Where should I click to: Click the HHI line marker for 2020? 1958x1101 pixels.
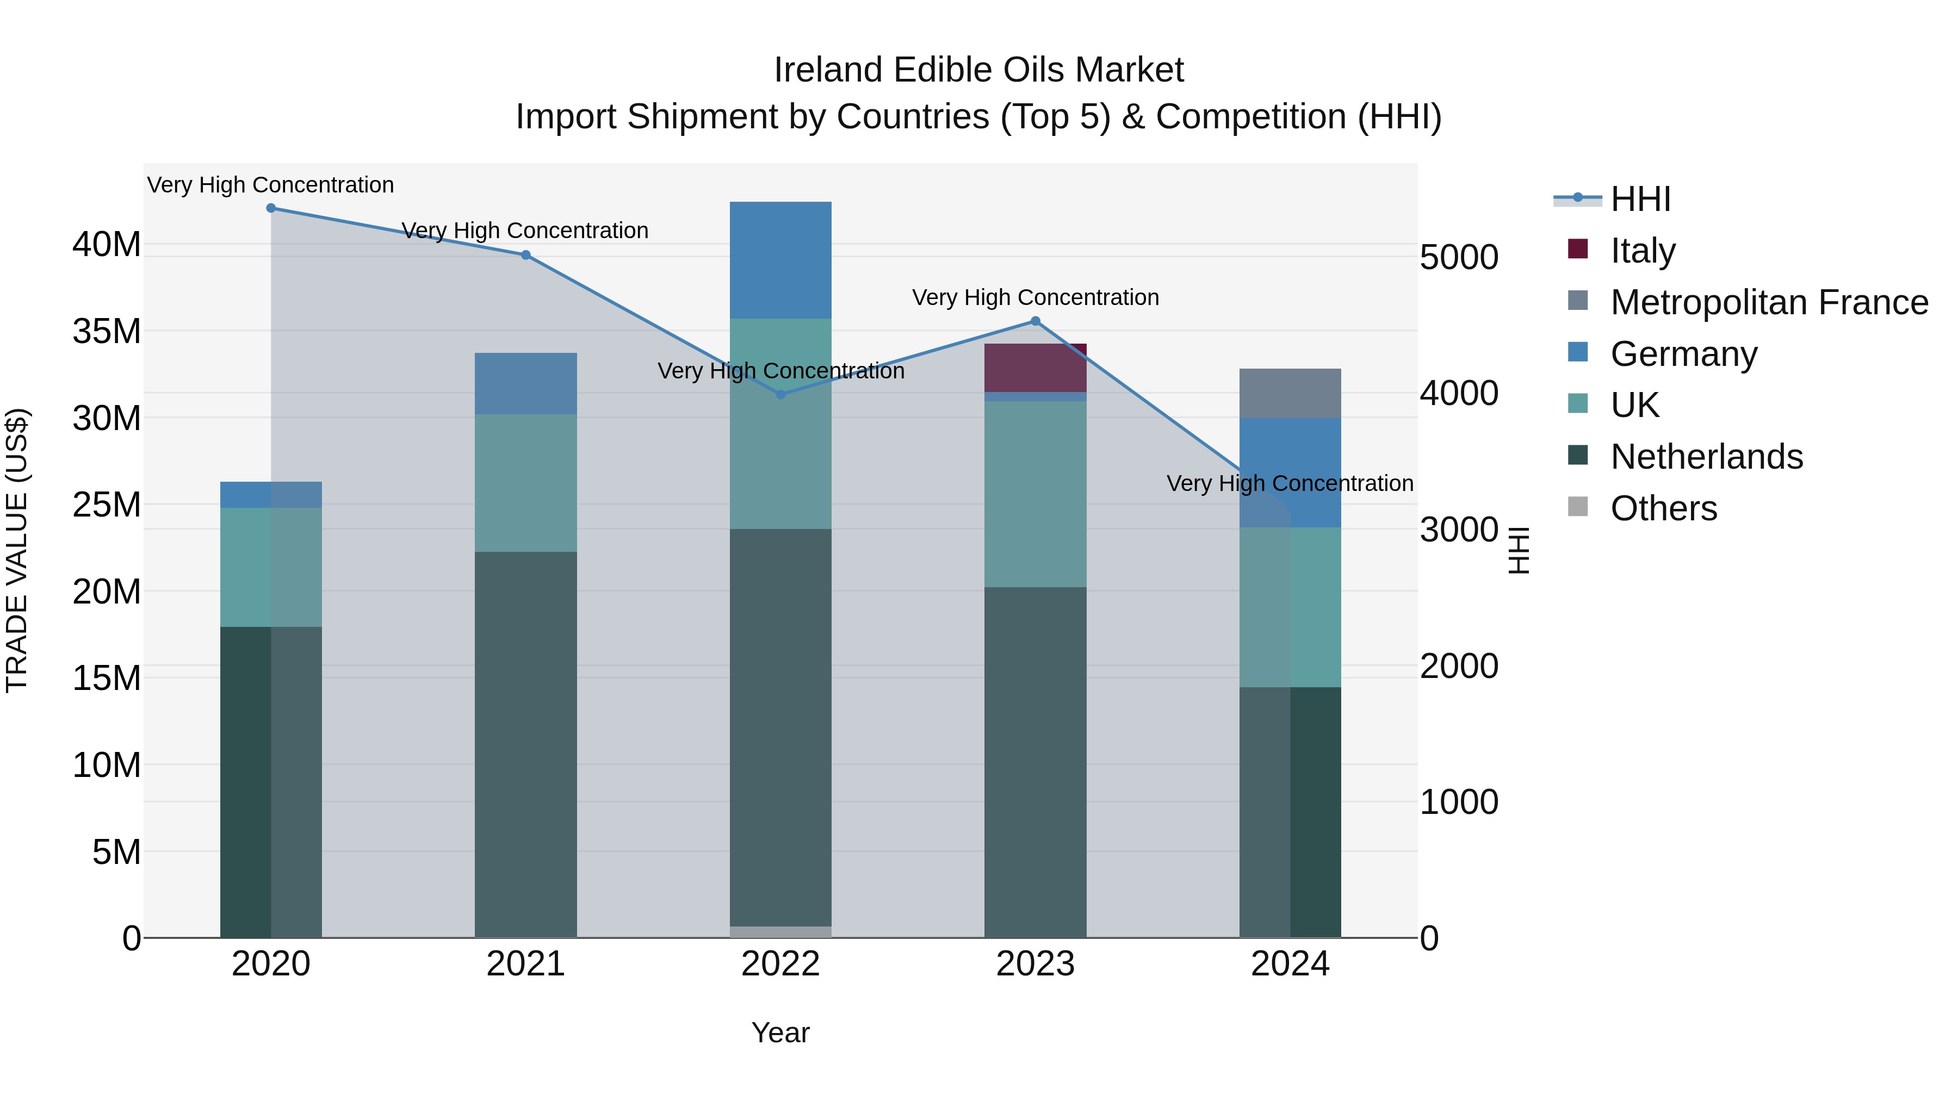tap(271, 208)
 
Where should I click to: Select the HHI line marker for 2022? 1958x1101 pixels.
tap(780, 394)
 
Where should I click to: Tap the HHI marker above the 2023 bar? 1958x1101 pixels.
tap(1035, 321)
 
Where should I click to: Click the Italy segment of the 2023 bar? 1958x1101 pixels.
tap(1035, 368)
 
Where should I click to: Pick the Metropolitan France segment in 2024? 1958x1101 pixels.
tap(1290, 394)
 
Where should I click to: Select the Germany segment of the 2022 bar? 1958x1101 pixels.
tap(780, 260)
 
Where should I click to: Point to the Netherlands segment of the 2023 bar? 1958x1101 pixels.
tap(1035, 762)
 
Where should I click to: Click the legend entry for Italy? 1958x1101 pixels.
tap(1643, 251)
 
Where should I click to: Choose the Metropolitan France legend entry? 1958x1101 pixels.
tap(1769, 302)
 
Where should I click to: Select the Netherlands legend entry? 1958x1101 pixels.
tap(1706, 457)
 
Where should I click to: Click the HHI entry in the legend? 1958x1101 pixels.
tap(1640, 199)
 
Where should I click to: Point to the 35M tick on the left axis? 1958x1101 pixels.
tap(107, 331)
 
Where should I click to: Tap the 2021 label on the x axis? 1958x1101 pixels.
tap(526, 964)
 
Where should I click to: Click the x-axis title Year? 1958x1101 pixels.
tap(780, 1032)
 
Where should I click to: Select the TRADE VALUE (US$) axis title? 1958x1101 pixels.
tap(17, 550)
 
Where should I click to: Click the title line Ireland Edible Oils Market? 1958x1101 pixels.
tap(978, 70)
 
